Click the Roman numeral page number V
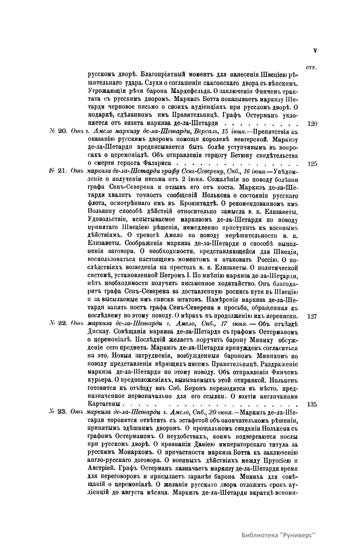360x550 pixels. pyautogui.click(x=315, y=51)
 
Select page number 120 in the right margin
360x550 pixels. pyautogui.click(x=312, y=123)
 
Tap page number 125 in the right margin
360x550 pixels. pyautogui.click(x=312, y=164)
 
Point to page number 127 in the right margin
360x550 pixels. pyautogui.click(x=312, y=316)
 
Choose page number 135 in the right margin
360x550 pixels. pyautogui.click(x=312, y=404)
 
